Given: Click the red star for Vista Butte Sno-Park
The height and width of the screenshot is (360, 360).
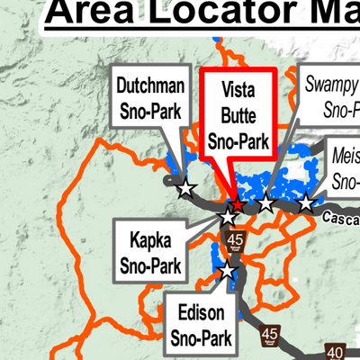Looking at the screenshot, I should (237, 205).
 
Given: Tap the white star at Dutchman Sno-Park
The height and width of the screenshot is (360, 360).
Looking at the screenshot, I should (185, 189).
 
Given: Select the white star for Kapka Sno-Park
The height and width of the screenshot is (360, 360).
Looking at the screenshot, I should (229, 217).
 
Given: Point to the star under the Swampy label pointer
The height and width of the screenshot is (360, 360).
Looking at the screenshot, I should (265, 204).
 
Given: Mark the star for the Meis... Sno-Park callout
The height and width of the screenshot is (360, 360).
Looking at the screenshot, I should (306, 203).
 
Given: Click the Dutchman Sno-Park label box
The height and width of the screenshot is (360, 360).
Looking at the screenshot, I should (150, 100).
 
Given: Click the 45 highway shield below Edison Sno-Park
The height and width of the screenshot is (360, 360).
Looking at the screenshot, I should (268, 337).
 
